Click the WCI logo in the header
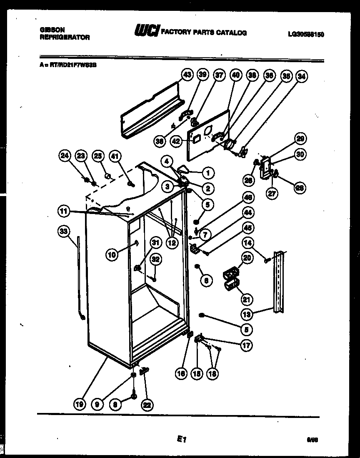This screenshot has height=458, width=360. [x=146, y=31]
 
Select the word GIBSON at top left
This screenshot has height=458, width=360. [x=52, y=30]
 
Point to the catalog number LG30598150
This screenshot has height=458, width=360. [x=305, y=35]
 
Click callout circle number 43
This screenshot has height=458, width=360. [x=187, y=75]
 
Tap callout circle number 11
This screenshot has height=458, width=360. [x=63, y=211]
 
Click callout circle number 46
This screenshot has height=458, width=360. [x=248, y=198]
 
